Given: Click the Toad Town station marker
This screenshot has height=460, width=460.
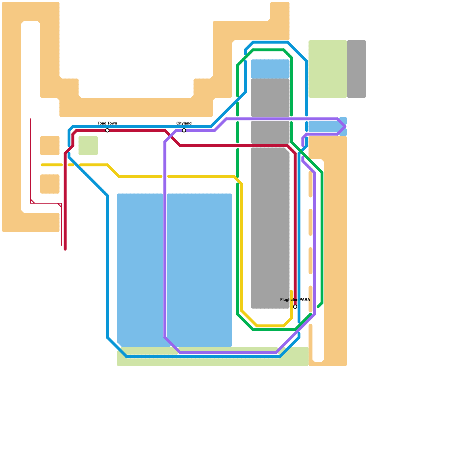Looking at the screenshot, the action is [107, 131].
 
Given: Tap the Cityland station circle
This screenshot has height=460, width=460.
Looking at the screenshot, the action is [184, 131].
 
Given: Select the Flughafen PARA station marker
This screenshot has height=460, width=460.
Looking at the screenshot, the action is [295, 307].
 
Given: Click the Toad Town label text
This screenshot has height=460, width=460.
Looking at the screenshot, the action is [107, 123].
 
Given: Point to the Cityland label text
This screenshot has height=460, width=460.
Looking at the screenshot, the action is [184, 123].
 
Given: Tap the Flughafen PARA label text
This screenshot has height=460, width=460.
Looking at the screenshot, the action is [295, 300].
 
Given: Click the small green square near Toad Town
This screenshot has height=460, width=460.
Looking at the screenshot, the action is [88, 145].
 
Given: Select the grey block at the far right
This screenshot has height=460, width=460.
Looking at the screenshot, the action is [356, 69].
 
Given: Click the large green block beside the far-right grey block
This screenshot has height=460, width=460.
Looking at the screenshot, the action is [327, 69].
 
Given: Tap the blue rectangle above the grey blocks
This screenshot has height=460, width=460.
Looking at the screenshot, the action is [270, 69].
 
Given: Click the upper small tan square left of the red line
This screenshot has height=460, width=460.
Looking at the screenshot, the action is [50, 145].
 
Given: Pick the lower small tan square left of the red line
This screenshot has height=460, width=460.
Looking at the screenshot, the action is [50, 184].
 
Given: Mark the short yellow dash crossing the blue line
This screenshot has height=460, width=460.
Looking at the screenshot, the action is [71, 165].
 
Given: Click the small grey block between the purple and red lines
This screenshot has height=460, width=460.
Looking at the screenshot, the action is [270, 132].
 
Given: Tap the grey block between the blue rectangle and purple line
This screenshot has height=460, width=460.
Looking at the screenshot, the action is [270, 98].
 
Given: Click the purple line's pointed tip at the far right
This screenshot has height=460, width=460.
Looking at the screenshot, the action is [345, 126].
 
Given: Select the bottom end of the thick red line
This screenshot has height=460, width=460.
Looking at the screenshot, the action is [65, 249].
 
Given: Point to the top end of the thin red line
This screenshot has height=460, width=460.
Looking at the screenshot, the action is [31, 119].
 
